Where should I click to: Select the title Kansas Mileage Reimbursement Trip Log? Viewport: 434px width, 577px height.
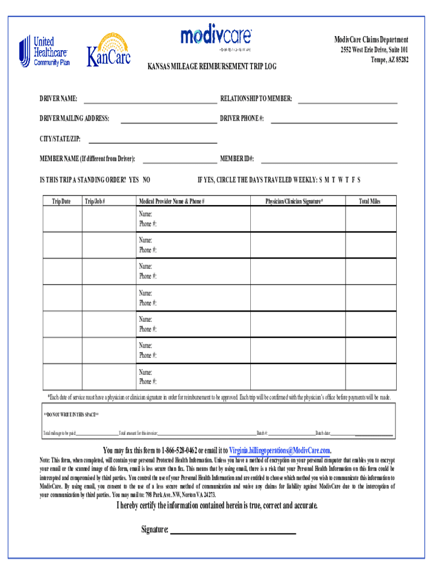[212, 66]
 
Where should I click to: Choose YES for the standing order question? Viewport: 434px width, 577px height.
[134, 180]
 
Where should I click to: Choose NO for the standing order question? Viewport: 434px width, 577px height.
[146, 180]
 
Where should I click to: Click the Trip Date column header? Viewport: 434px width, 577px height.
[61, 201]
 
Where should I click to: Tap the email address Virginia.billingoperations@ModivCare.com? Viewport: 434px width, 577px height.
[280, 450]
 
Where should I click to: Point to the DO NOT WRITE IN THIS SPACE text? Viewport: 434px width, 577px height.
[71, 415]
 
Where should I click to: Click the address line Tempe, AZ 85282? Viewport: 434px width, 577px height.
[389, 60]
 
